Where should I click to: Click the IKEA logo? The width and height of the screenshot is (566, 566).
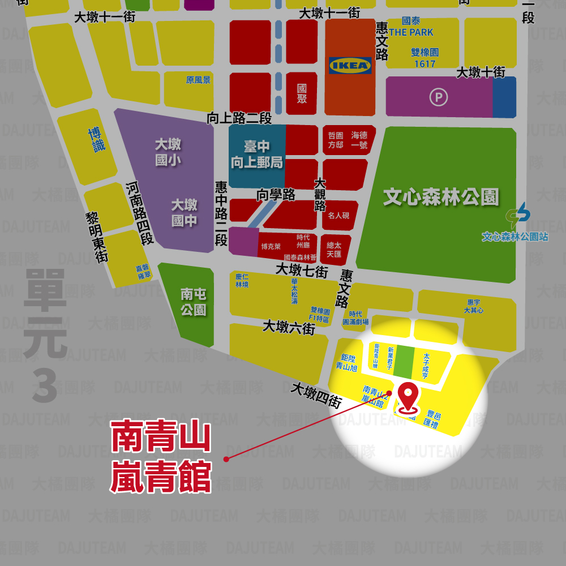[x=350, y=66]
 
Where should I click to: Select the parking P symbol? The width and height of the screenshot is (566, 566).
[x=438, y=97]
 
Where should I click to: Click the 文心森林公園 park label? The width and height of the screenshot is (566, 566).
[x=441, y=198]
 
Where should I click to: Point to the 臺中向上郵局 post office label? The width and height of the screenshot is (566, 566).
[x=256, y=155]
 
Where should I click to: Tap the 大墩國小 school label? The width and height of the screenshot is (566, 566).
[x=168, y=152]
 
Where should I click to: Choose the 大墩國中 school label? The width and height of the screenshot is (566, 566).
[x=185, y=212]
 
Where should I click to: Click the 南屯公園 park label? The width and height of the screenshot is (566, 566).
[x=194, y=302]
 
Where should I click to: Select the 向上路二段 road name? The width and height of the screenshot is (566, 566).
[x=239, y=118]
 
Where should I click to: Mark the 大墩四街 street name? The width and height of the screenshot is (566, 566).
[x=316, y=395]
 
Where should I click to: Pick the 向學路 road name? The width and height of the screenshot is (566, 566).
[x=276, y=195]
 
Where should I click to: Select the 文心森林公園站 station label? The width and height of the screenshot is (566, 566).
[x=514, y=237]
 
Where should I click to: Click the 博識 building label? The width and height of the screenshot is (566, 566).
[x=97, y=140]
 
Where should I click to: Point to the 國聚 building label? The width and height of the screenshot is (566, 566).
[x=302, y=93]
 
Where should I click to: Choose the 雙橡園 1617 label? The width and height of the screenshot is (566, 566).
[x=424, y=58]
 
